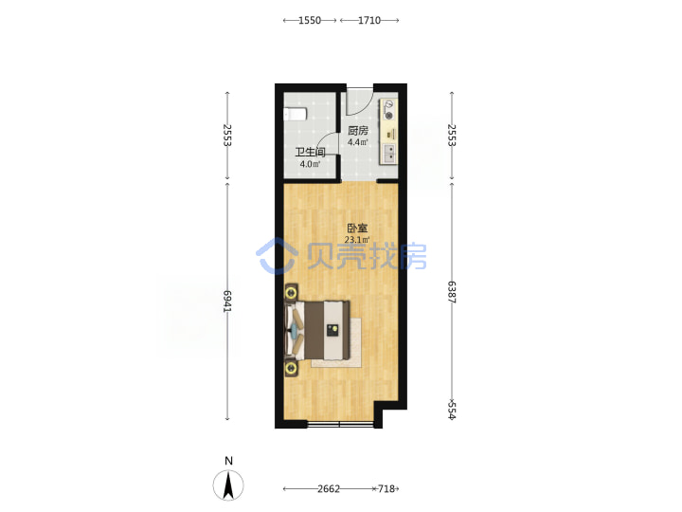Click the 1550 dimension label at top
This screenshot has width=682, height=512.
tap(310, 20)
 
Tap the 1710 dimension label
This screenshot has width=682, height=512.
tap(369, 20)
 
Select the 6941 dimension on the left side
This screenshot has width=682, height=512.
tap(227, 302)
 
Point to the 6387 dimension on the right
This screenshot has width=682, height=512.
tap(452, 292)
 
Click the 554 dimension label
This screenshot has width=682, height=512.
tap(452, 411)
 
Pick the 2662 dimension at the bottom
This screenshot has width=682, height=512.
tap(329, 489)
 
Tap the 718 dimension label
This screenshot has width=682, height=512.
tap(386, 489)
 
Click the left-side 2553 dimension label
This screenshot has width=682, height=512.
tap(227, 135)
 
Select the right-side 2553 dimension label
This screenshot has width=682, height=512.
tap(452, 135)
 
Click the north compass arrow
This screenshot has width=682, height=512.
tap(228, 485)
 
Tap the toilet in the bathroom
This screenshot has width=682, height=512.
tap(295, 114)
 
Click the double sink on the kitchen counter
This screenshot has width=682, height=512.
tap(389, 154)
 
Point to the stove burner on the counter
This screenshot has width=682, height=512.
tap(389, 116)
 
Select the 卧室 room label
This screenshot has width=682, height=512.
tap(357, 229)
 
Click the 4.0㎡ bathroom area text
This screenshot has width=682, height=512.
tap(310, 164)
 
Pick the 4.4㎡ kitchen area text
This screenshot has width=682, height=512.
tap(358, 142)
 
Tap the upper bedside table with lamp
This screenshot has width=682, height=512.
tap(291, 293)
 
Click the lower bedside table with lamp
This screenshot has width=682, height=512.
tap(291, 368)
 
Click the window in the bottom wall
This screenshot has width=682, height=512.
tap(340, 424)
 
